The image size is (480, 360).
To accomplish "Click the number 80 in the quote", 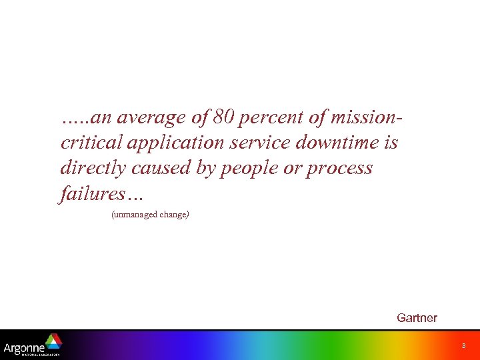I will (225, 119).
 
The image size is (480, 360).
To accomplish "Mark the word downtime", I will (334, 143).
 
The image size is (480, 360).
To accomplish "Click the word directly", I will (92, 169).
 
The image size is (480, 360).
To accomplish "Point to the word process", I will (339, 169).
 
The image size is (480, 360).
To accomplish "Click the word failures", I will (93, 193).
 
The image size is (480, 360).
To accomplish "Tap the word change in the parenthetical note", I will (173, 215).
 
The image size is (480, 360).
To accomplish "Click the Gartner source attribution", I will (417, 318).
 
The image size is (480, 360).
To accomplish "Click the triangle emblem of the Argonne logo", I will (53, 341).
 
